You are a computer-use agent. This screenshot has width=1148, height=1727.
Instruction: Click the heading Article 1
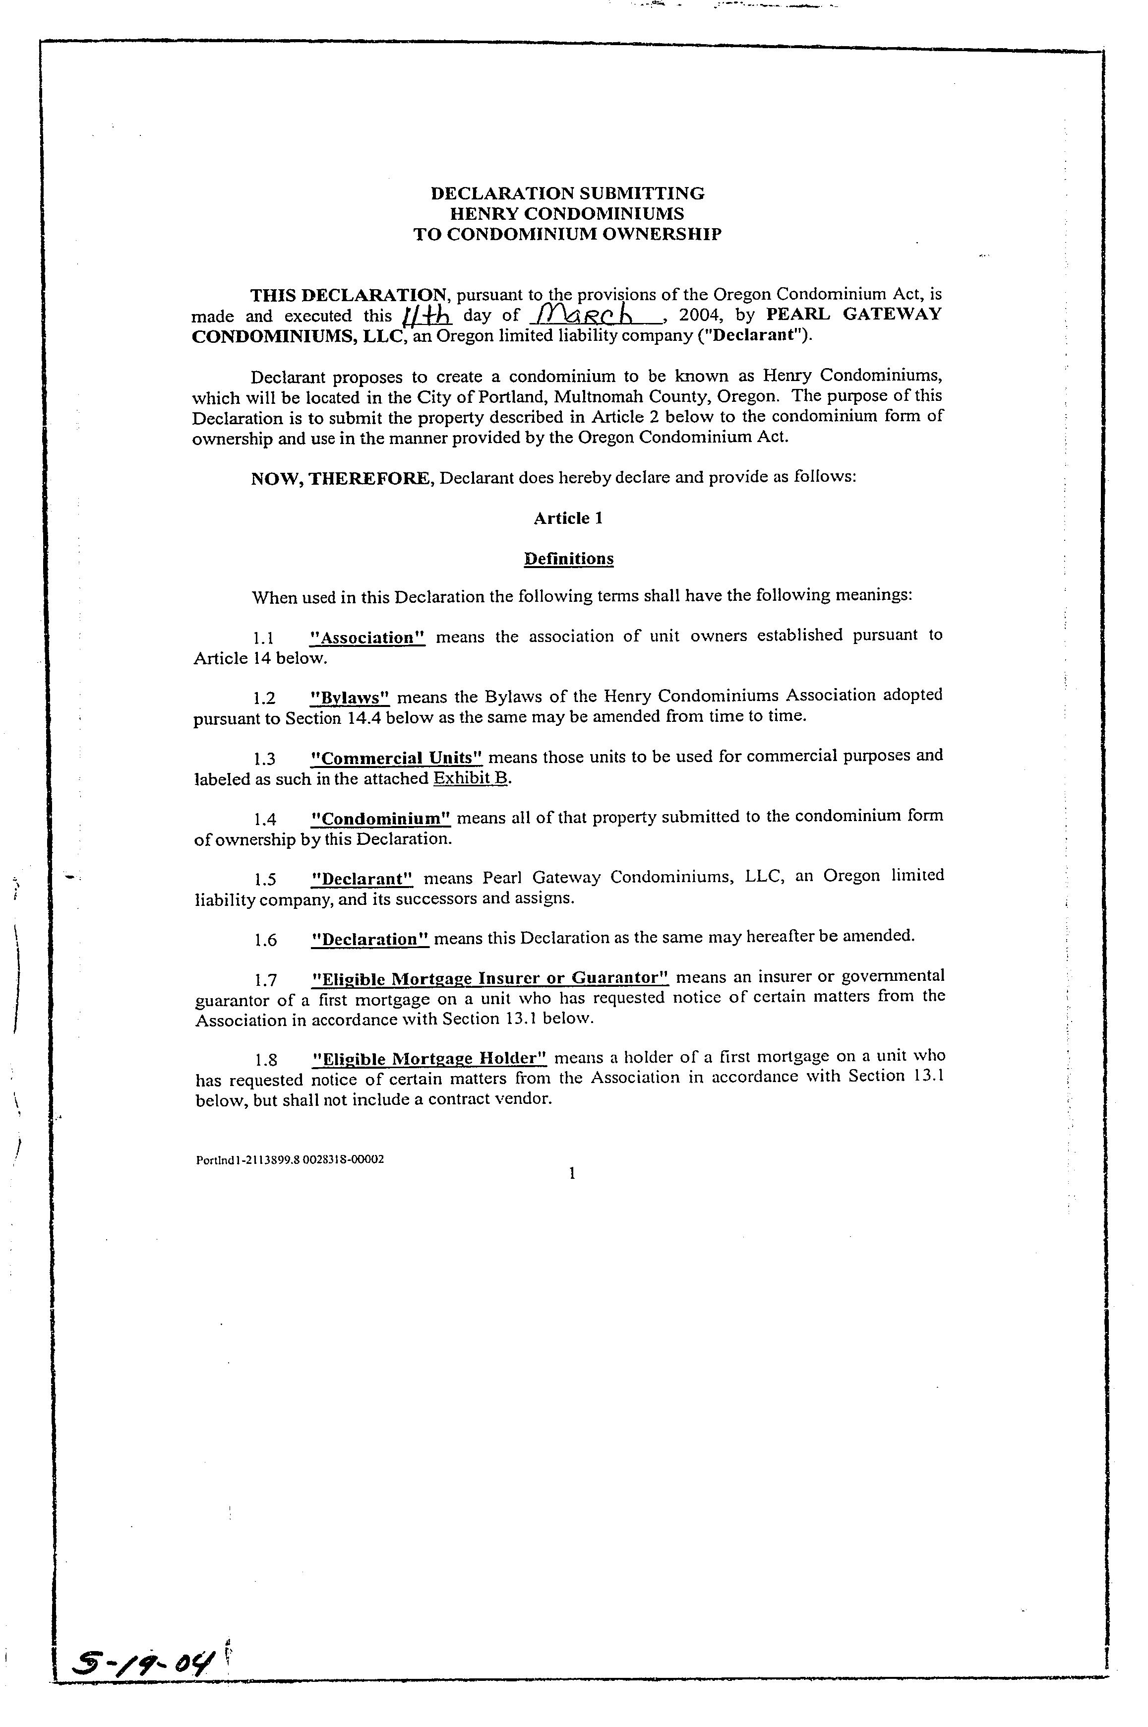[x=568, y=518]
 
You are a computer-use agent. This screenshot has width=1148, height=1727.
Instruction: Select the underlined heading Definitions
[x=569, y=559]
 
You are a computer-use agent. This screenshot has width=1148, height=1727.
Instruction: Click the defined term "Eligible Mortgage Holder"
[x=430, y=1058]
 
